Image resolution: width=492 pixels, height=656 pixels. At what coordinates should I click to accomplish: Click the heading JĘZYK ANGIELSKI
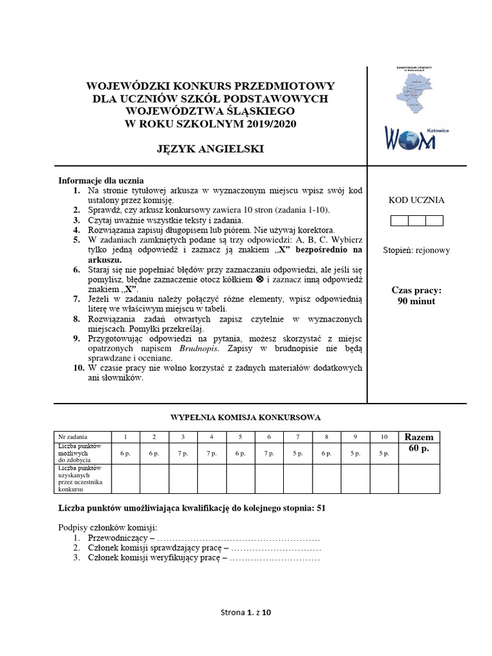(210, 149)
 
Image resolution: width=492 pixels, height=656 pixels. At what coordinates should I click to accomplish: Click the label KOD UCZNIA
(416, 200)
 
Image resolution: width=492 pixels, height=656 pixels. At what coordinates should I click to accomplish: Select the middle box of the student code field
(416, 221)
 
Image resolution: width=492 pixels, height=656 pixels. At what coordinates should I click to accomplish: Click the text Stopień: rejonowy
(416, 250)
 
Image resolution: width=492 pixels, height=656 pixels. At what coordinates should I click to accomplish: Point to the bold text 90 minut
(416, 300)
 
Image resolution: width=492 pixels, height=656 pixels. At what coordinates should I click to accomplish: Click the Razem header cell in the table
(418, 437)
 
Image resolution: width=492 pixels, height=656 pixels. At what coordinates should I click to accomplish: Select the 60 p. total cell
(418, 448)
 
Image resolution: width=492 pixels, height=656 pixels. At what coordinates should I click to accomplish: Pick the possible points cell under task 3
(183, 453)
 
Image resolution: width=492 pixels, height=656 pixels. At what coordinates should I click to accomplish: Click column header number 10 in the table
(384, 437)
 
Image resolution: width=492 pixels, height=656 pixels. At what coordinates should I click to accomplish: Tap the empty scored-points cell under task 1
(126, 479)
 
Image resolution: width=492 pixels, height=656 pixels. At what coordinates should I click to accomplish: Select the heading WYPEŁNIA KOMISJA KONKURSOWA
(245, 417)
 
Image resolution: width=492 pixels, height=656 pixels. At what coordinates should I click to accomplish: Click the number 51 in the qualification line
(321, 508)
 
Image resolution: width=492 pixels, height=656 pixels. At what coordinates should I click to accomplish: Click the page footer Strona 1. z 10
(246, 612)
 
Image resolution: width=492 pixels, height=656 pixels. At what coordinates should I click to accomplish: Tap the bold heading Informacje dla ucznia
(101, 180)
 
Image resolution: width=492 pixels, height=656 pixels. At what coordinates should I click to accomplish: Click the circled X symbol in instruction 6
(259, 280)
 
